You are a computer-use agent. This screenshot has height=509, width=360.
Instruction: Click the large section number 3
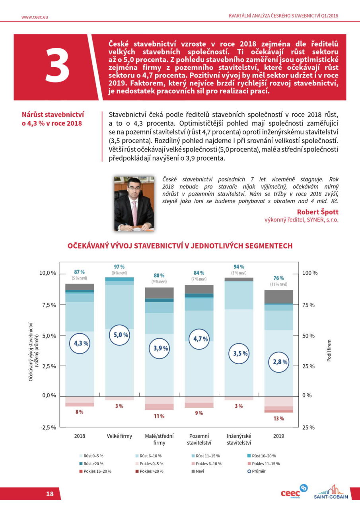(58, 66)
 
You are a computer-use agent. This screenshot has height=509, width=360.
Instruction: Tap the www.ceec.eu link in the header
(35, 17)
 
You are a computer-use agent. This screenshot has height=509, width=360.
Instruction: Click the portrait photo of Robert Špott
(134, 204)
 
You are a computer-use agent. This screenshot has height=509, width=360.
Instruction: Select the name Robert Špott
(317, 212)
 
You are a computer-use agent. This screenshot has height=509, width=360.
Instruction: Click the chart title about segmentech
(180, 246)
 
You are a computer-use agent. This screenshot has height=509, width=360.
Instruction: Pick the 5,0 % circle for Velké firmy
(119, 335)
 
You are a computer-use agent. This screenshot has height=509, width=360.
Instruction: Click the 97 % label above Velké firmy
(119, 266)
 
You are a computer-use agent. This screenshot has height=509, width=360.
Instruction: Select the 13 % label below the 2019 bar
(278, 419)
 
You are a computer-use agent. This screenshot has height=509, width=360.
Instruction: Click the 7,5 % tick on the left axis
(47, 305)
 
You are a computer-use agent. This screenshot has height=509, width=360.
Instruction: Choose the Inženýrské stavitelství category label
(239, 439)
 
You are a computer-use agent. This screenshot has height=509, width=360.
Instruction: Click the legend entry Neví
(200, 471)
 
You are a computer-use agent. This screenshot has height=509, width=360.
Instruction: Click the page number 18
(50, 494)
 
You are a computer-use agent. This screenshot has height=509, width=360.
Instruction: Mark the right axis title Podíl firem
(329, 350)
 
